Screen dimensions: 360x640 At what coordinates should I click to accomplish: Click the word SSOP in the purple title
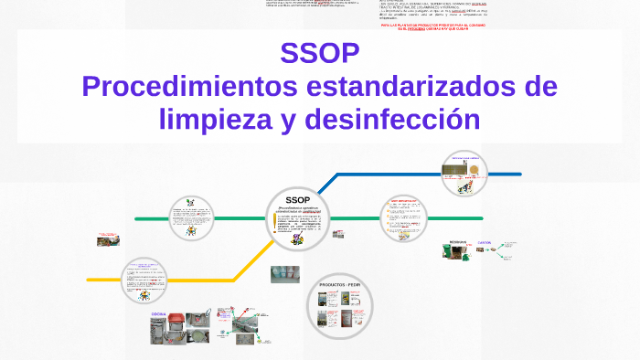(x=320, y=54)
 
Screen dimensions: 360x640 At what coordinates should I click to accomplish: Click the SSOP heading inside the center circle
(x=297, y=199)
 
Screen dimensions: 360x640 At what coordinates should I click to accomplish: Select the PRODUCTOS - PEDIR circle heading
(x=339, y=285)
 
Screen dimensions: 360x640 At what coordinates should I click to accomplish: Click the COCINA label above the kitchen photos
(x=158, y=312)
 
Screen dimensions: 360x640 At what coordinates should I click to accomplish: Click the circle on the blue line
(x=464, y=174)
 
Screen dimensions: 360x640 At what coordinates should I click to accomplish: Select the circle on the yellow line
(x=144, y=281)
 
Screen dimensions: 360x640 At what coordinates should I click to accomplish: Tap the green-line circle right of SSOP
(x=403, y=220)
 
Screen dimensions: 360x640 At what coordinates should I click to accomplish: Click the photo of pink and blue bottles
(x=284, y=273)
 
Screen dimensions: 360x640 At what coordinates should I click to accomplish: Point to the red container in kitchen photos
(x=197, y=321)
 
